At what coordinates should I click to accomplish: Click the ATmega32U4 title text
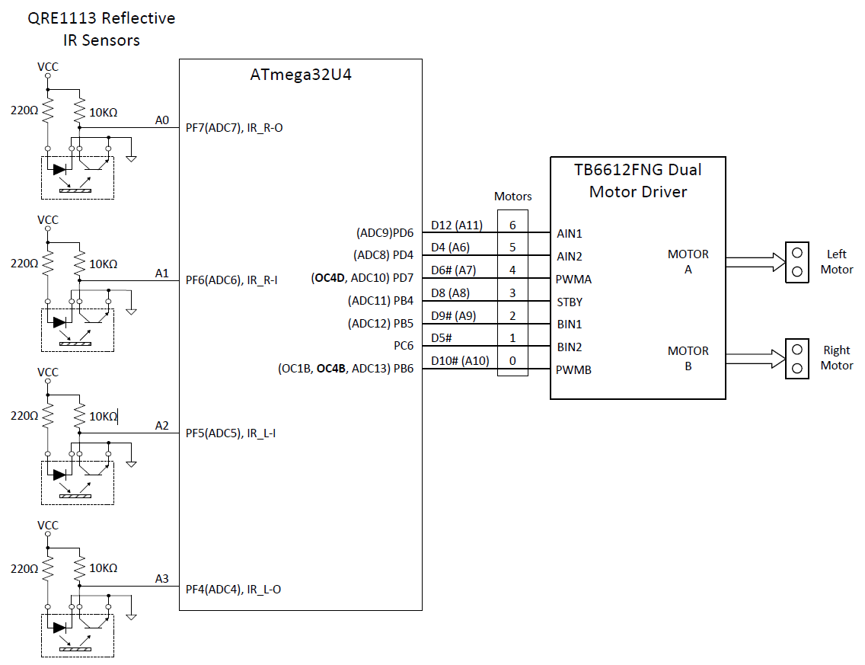[301, 75]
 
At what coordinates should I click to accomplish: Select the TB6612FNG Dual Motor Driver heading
[638, 181]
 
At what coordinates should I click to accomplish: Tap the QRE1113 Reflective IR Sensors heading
[101, 29]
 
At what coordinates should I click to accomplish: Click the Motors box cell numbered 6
[512, 225]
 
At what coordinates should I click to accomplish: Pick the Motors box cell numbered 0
[512, 361]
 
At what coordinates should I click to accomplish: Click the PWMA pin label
[573, 279]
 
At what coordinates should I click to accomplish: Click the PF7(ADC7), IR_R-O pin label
[234, 128]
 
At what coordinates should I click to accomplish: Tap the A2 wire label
[161, 426]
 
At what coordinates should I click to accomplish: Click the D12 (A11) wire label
[457, 225]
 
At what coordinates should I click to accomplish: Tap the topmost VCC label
[48, 67]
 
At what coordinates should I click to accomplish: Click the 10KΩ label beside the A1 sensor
[104, 264]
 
